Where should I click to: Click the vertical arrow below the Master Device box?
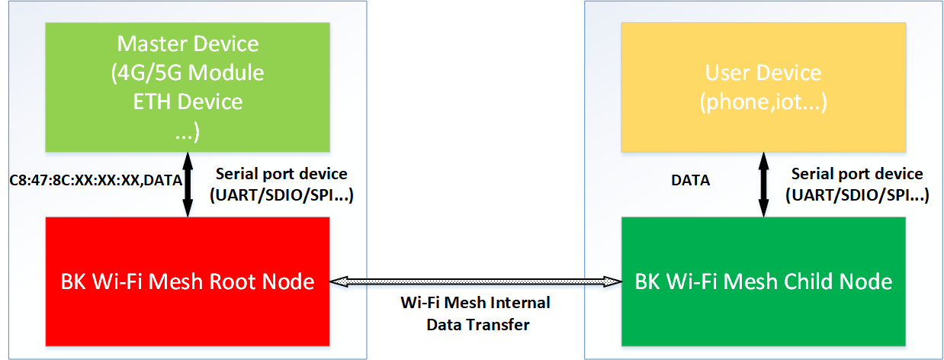click(x=188, y=184)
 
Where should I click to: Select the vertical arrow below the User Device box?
click(x=763, y=184)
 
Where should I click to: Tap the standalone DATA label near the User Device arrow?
click(x=690, y=181)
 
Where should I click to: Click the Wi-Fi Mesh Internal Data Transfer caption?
click(x=475, y=313)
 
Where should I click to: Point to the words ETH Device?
click(x=188, y=101)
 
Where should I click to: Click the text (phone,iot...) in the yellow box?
click(x=763, y=101)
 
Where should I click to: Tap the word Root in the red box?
click(x=230, y=281)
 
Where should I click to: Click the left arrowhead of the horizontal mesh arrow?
click(x=336, y=282)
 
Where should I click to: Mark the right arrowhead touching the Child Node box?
click(x=615, y=282)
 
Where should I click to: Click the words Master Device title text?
click(x=188, y=44)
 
